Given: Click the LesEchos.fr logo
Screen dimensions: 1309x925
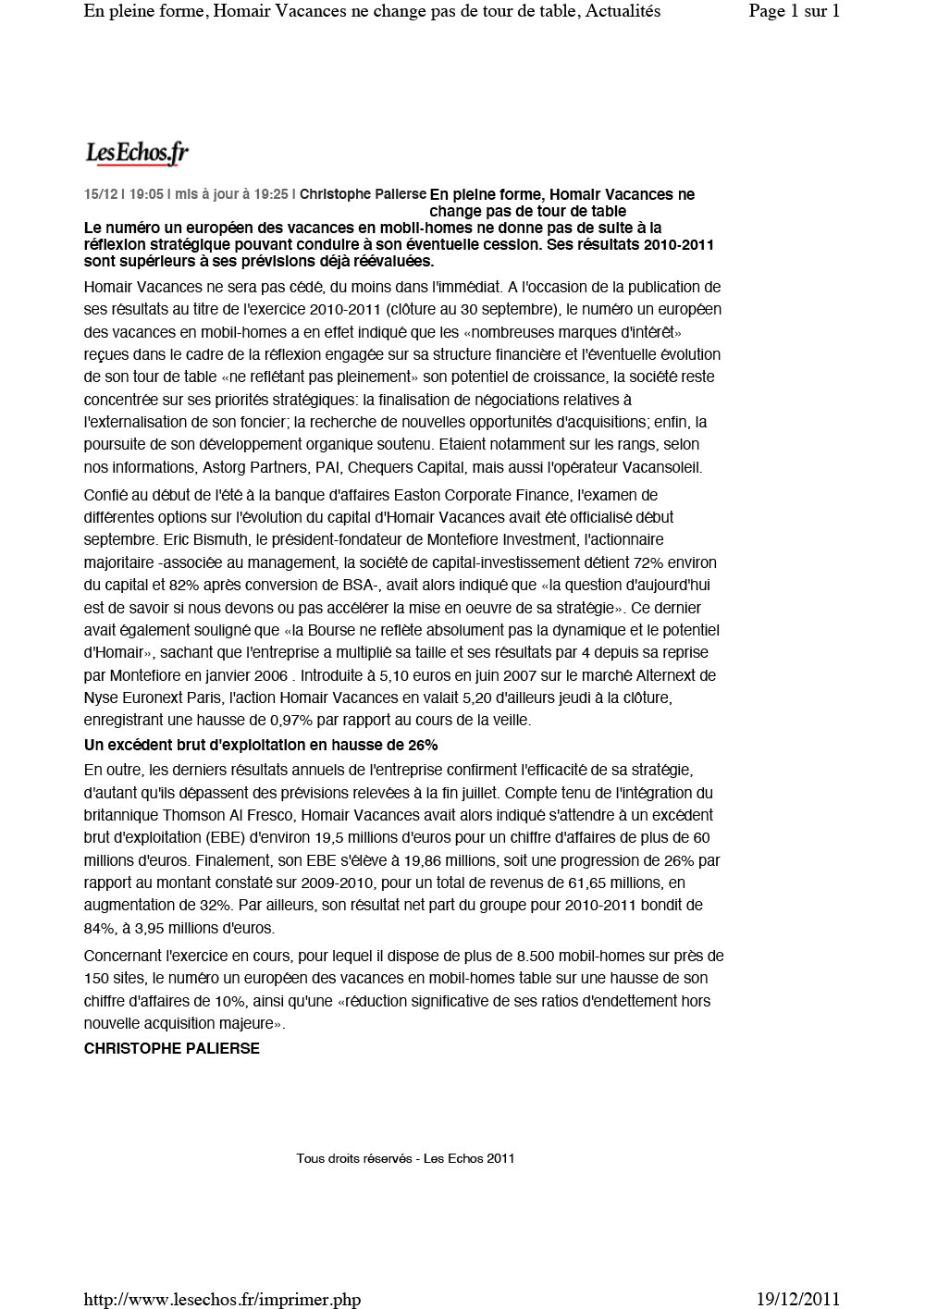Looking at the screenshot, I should point(137,153).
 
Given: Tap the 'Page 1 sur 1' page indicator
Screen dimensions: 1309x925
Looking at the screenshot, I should point(794,12).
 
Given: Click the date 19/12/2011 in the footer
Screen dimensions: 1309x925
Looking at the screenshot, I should point(797,1300).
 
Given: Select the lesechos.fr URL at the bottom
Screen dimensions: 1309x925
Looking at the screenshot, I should point(222,1300).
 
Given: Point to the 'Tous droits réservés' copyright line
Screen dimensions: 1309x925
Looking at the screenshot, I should point(405,1158).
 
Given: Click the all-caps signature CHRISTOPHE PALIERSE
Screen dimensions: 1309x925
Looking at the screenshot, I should point(171,1048).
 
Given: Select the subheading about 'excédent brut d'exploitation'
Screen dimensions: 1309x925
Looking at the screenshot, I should point(260,745).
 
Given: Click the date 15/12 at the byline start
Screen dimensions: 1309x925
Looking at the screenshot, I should point(100,194).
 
